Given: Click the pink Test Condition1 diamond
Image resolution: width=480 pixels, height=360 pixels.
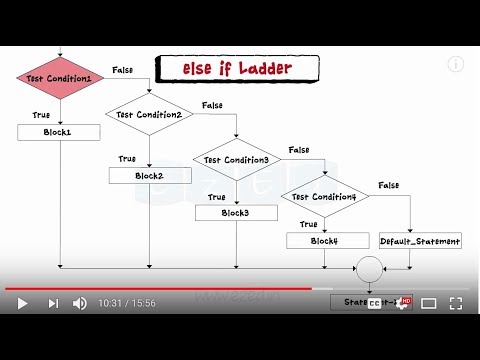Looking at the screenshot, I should pyautogui.click(x=60, y=77).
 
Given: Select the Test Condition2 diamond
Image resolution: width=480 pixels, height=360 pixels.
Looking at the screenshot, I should pyautogui.click(x=149, y=114).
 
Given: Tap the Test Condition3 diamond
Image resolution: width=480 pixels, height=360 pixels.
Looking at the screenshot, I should pyautogui.click(x=236, y=159).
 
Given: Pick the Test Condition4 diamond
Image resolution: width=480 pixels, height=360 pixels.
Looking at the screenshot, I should pyautogui.click(x=324, y=195).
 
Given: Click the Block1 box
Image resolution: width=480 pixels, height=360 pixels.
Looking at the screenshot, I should pyautogui.click(x=58, y=132).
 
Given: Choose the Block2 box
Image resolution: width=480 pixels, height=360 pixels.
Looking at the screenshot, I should pyautogui.click(x=149, y=176).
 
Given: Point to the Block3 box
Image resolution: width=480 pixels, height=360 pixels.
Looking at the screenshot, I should pyautogui.click(x=236, y=212).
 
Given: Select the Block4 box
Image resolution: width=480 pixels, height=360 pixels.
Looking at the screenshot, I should pyautogui.click(x=323, y=240).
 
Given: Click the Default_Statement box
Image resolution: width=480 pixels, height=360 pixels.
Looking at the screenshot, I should pyautogui.click(x=421, y=240).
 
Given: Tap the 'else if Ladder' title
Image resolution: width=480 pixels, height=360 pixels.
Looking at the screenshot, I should pyautogui.click(x=237, y=69).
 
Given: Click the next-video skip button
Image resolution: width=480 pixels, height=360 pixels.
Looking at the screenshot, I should pyautogui.click(x=54, y=303).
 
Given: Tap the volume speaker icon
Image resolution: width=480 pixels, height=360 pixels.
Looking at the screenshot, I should pyautogui.click(x=80, y=303).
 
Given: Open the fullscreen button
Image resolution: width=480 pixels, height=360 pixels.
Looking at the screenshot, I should pyautogui.click(x=456, y=303).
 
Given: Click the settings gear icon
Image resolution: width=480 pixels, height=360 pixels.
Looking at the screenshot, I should pyautogui.click(x=402, y=303).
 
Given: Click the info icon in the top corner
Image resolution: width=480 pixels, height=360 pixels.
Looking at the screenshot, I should pyautogui.click(x=456, y=64).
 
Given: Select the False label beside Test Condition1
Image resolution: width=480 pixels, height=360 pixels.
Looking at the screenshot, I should pyautogui.click(x=123, y=70).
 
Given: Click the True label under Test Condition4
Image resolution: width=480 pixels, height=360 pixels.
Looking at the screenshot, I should pyautogui.click(x=309, y=224).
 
